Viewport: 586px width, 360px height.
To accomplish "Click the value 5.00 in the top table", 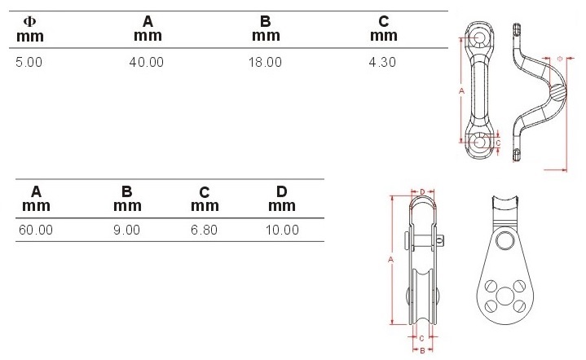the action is point(29,62).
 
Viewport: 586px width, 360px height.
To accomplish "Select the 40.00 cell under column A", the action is point(147,62).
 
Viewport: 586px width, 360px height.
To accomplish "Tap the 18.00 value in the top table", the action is point(265,62).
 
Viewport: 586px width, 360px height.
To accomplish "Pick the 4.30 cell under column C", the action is point(382,62).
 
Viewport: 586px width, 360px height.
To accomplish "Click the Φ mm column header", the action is point(30,29).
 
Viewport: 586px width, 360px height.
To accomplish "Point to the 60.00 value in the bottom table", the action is point(36,230).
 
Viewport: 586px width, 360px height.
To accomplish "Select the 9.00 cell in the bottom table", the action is point(126,230).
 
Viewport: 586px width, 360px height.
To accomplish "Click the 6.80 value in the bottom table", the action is point(204,230).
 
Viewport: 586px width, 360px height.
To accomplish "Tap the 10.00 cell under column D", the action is point(282,230).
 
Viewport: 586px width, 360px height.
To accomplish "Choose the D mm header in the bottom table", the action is point(282,199).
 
